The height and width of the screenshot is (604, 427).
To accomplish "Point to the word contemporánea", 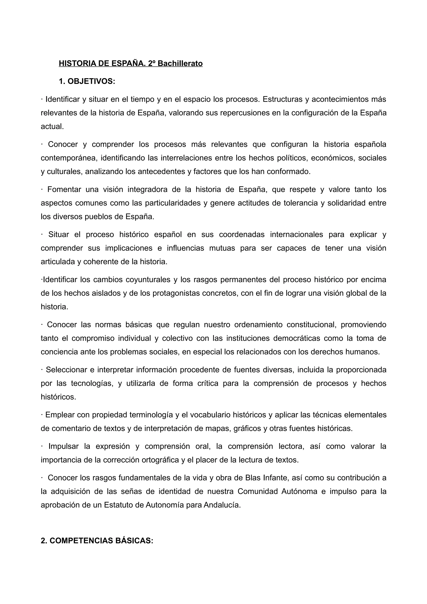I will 69,158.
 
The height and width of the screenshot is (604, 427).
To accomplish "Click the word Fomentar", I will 64,189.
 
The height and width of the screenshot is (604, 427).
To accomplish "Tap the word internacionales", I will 296,234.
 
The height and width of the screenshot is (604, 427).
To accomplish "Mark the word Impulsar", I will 63,446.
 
